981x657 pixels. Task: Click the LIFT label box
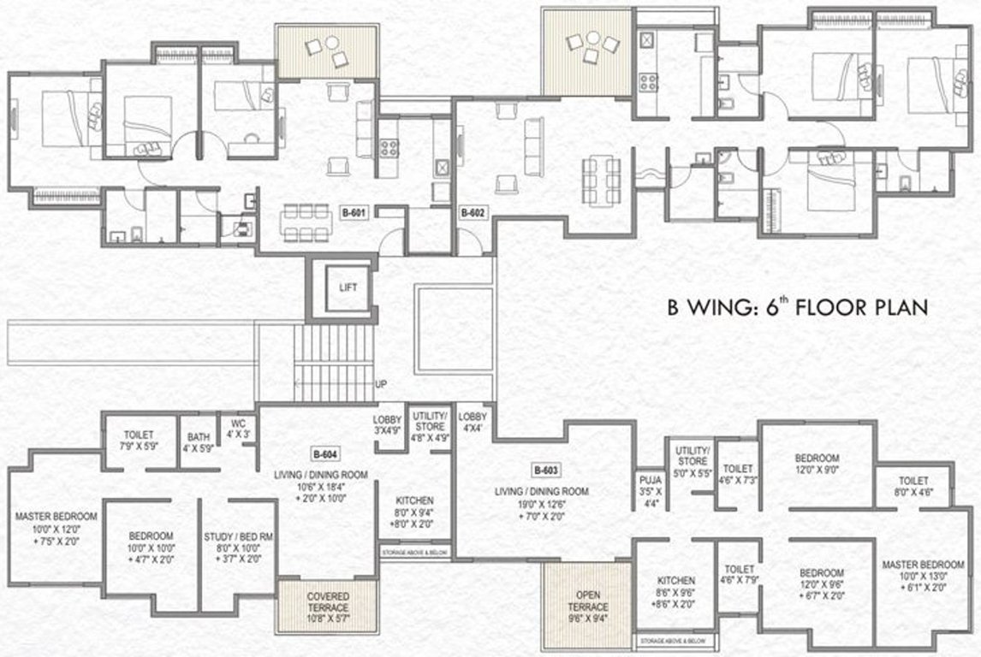pyautogui.click(x=348, y=288)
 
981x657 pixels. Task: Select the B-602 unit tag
pyautogui.click(x=473, y=213)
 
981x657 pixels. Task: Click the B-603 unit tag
pyautogui.click(x=545, y=470)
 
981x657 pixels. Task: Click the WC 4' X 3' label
pyautogui.click(x=235, y=428)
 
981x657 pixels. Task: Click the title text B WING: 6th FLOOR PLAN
pyautogui.click(x=797, y=308)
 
